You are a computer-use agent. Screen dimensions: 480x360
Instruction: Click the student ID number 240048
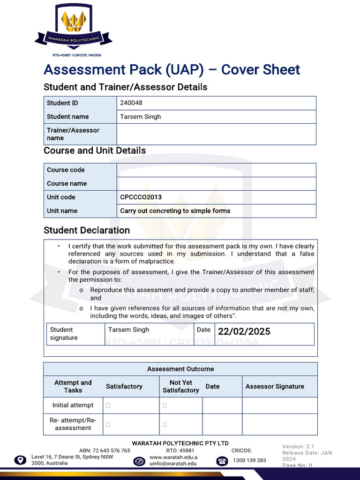(x=131, y=103)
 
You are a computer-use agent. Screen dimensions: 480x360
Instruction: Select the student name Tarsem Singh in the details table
(x=141, y=117)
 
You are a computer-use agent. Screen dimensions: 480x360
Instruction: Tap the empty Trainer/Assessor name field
(x=216, y=134)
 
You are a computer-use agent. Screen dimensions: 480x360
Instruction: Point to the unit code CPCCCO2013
(x=141, y=197)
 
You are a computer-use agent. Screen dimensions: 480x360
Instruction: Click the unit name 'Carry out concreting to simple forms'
(x=175, y=211)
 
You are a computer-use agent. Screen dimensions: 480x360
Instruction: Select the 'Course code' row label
(x=66, y=170)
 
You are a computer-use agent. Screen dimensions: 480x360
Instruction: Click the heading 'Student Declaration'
(x=87, y=230)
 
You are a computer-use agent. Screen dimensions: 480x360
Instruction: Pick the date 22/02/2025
(x=244, y=331)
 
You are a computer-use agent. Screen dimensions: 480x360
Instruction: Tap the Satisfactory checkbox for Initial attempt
(x=108, y=405)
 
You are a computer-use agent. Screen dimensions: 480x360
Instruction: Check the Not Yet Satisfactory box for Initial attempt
(x=165, y=405)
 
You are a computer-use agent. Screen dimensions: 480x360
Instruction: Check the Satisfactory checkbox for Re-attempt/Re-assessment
(x=108, y=425)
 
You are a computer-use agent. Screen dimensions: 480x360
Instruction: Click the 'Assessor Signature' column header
(x=275, y=387)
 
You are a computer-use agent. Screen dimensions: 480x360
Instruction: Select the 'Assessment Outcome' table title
(x=180, y=369)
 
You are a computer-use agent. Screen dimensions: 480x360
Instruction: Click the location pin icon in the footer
(x=20, y=460)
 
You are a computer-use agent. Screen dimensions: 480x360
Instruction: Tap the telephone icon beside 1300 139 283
(x=222, y=461)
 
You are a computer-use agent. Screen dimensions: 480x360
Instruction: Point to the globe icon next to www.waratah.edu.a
(x=139, y=461)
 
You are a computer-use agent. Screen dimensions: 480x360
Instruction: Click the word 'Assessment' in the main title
(x=79, y=70)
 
